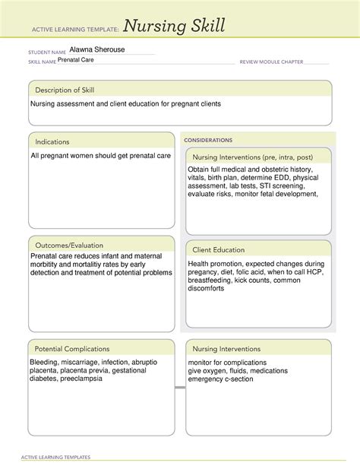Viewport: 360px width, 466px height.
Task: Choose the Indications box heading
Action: pos(52,141)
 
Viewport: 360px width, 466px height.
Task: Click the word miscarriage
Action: pos(79,363)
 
